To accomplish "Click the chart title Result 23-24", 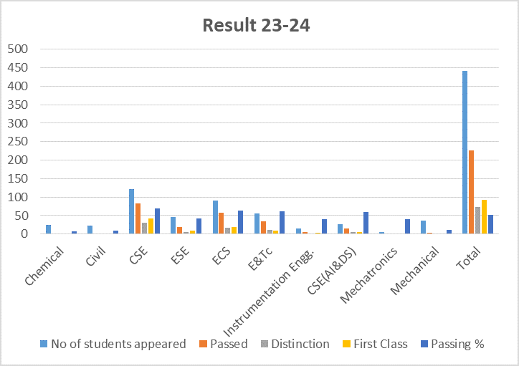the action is pos(256,25).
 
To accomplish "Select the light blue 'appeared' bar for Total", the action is pos(465,153).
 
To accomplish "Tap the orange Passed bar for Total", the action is pos(472,192).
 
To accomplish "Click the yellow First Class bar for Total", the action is pos(485,217).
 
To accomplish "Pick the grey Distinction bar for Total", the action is pos(477,221).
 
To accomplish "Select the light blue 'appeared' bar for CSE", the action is pos(131,211).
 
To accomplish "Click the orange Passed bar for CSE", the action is pos(138,218).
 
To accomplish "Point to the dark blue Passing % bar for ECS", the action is pos(240,222).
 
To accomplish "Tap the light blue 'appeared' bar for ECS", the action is pos(215,217).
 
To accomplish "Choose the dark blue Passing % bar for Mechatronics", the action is pos(407,226).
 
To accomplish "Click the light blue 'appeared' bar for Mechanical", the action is pos(423,227).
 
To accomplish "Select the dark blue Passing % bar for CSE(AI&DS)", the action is pos(366,223).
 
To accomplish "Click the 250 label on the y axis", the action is pos(18,142).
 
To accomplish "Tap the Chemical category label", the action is pos(44,266).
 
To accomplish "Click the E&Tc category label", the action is pos(260,259).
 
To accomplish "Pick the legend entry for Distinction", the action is pos(295,345).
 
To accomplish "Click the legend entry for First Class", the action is pos(375,345).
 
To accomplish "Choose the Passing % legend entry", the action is pos(452,345).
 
